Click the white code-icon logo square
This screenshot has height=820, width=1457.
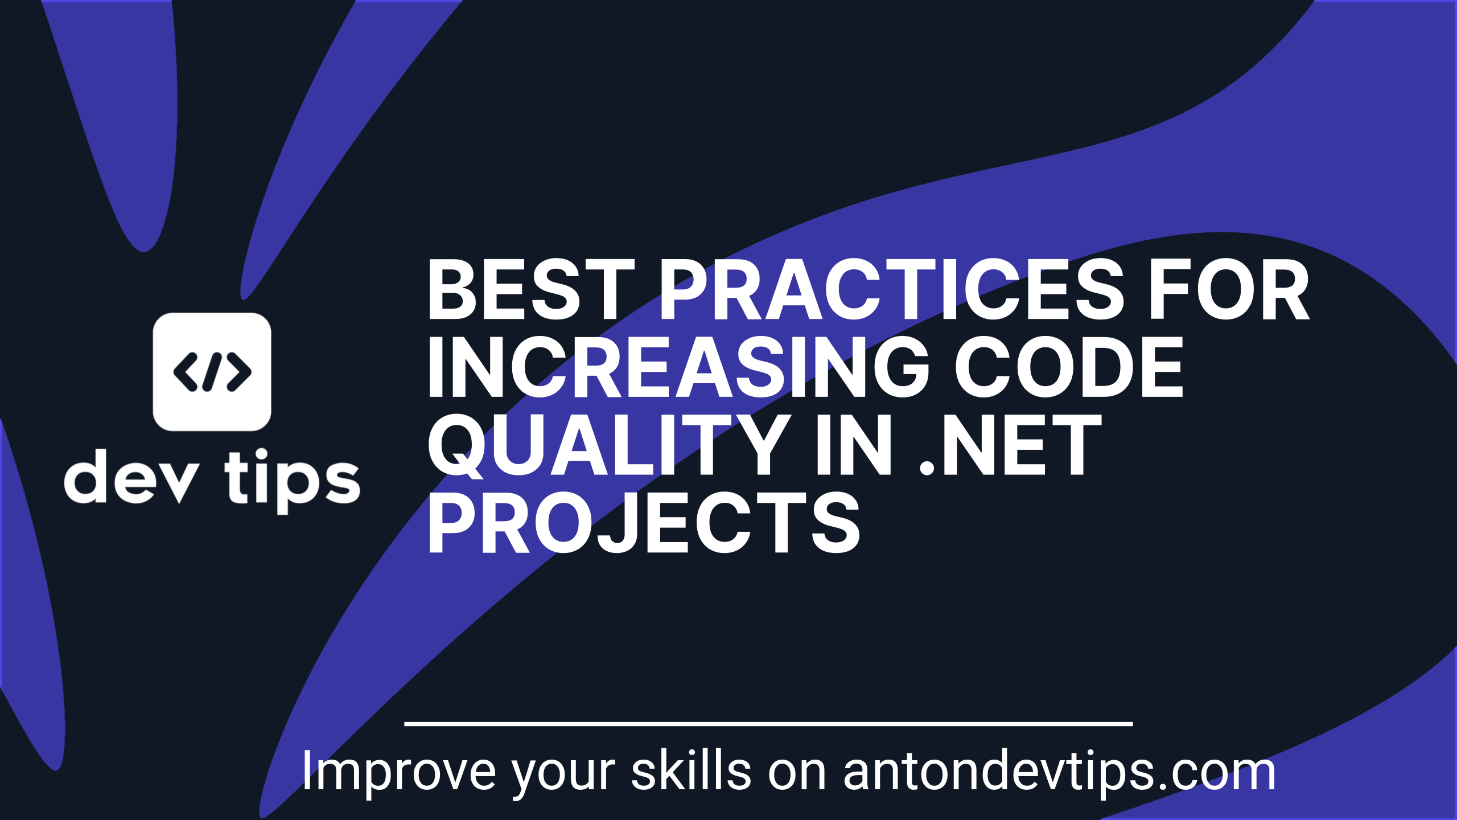212,371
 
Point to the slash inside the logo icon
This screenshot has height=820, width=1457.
212,372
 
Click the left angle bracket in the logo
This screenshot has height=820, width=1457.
186,372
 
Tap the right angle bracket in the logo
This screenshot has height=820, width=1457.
239,372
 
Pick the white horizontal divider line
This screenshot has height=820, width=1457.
768,724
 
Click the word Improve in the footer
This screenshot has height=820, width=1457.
399,772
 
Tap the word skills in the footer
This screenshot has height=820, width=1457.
691,771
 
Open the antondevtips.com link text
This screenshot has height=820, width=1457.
1059,772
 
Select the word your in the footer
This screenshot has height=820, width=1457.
563,774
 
